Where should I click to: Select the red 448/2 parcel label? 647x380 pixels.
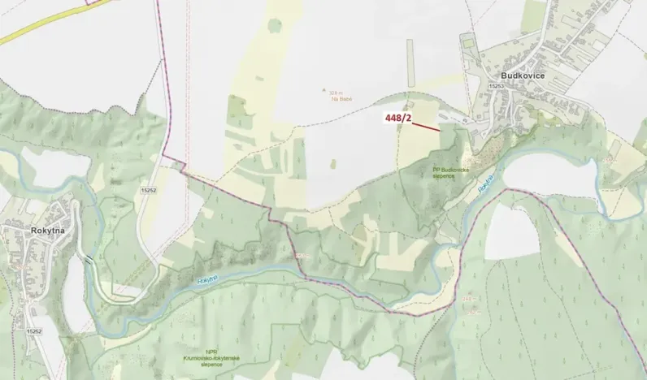coord(399,119)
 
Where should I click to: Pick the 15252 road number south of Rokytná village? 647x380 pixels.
coord(33,330)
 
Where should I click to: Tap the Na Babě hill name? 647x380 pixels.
coord(340,97)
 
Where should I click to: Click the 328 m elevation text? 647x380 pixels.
coord(338,91)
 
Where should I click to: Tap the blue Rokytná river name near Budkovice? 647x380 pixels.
coord(485,184)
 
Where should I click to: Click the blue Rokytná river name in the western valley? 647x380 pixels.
coord(207,280)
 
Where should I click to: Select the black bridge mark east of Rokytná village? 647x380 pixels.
coord(87,261)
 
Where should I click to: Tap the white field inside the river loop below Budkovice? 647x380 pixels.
coord(541,172)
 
